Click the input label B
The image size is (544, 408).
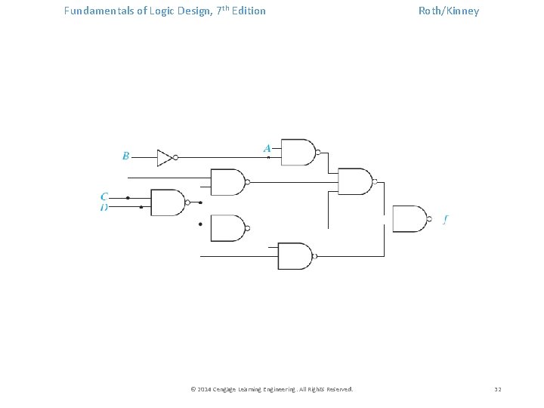point(125,156)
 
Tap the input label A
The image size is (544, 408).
point(267,148)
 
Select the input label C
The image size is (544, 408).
point(104,196)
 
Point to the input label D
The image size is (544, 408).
point(104,207)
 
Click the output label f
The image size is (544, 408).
point(446,220)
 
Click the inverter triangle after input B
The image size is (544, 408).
point(164,157)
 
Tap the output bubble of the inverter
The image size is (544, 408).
point(175,157)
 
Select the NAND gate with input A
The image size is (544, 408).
point(298,152)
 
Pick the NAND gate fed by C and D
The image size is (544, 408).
point(168,202)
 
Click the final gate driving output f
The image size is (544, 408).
point(409,218)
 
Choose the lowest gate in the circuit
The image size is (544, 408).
point(295,256)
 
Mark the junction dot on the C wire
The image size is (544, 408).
point(128,198)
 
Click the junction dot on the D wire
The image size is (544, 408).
point(141,207)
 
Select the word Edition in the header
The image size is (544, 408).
point(247,11)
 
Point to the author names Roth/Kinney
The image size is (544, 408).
point(449,11)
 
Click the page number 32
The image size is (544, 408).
point(497,389)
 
